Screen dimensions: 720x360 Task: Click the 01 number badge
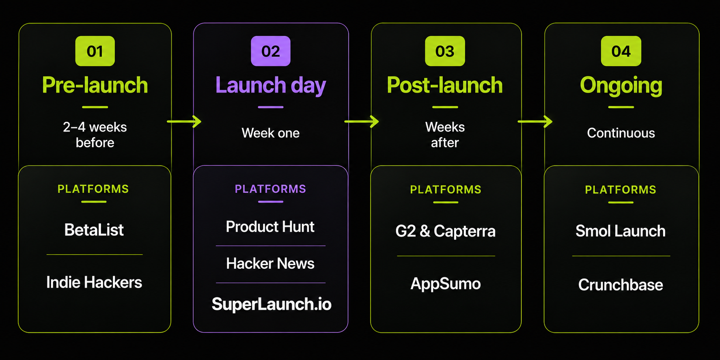tap(95, 51)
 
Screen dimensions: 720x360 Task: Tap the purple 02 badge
tap(271, 51)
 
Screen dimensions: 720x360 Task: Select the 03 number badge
tap(445, 51)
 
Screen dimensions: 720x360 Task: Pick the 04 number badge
tap(621, 51)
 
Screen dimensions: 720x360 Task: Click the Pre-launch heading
tap(95, 85)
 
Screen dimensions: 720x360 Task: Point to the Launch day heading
tap(271, 86)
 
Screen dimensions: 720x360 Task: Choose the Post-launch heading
tap(445, 85)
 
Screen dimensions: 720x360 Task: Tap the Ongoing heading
tap(621, 86)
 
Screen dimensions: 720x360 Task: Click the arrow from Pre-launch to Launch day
tap(184, 121)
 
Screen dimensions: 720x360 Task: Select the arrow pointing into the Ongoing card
tap(535, 121)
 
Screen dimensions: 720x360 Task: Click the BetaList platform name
tap(94, 230)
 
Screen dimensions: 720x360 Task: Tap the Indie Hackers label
tap(94, 282)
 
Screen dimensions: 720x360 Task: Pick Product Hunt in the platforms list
tap(270, 227)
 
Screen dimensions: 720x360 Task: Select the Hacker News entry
tap(270, 264)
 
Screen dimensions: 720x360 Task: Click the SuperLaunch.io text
tap(272, 304)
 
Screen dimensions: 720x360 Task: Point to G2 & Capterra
tap(446, 231)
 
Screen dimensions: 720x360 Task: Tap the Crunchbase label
tap(621, 285)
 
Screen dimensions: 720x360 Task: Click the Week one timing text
tap(271, 133)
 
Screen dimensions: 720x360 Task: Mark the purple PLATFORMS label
tap(270, 189)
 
